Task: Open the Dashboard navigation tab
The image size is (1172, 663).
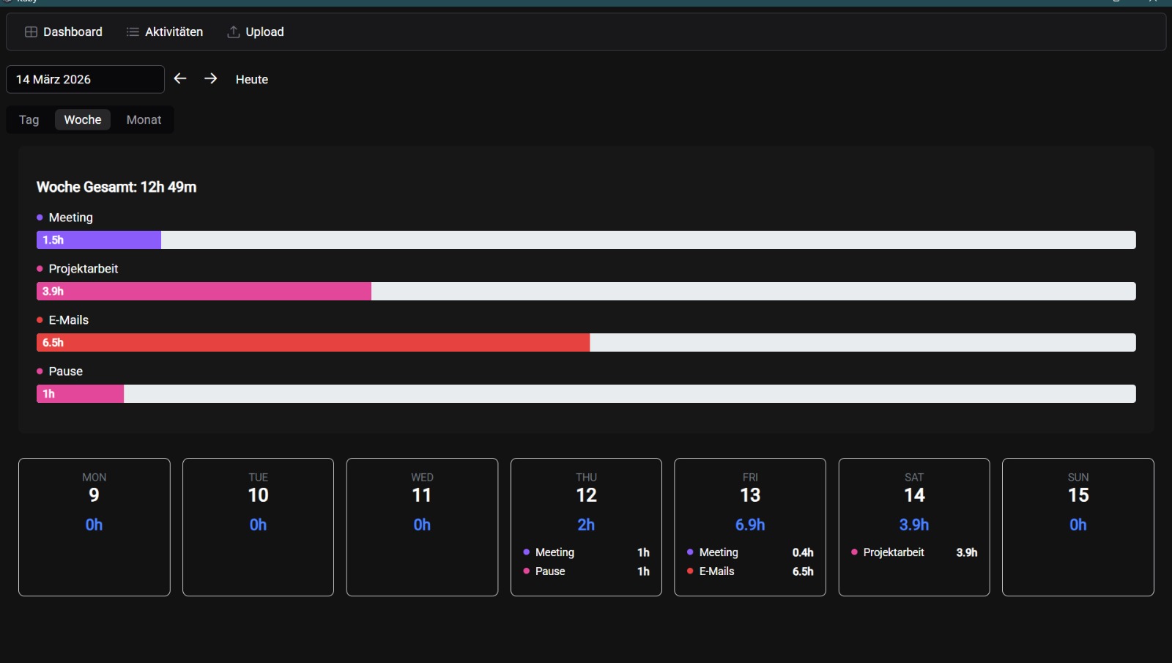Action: point(64,32)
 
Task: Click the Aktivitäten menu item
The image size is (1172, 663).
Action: point(165,32)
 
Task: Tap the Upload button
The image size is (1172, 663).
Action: point(256,32)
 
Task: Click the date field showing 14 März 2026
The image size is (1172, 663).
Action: point(85,79)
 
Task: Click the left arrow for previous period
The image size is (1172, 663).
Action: point(180,78)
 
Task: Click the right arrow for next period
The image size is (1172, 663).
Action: point(211,78)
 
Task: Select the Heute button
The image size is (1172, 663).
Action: point(252,79)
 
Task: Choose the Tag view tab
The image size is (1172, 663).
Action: point(29,119)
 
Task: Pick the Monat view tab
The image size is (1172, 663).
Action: point(144,119)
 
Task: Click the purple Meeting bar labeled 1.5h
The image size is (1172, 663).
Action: point(99,240)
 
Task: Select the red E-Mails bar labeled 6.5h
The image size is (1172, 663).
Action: point(314,343)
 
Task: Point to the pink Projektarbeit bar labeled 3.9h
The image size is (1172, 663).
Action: point(204,292)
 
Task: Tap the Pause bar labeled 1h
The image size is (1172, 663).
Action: point(81,394)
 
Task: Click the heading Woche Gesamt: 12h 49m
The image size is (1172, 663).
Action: point(116,187)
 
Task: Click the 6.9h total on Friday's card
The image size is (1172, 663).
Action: point(750,525)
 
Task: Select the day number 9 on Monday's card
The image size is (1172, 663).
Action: point(94,495)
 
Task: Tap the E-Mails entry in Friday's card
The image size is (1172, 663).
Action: point(716,571)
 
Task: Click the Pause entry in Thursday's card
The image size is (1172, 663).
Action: point(550,571)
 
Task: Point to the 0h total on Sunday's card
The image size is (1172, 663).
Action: point(1078,525)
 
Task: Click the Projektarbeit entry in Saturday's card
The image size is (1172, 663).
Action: point(893,552)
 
